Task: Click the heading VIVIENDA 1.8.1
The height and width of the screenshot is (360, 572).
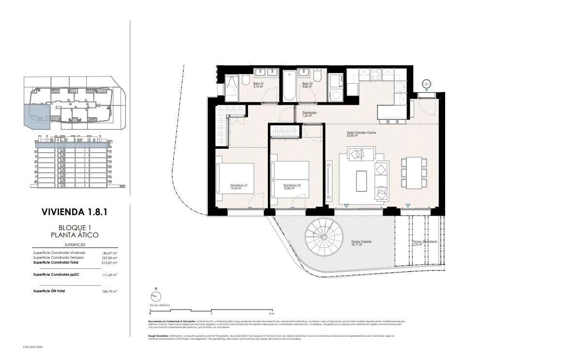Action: coord(75,212)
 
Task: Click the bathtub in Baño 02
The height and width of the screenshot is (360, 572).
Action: coord(289,86)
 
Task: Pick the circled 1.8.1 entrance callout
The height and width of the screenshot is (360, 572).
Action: coord(426,84)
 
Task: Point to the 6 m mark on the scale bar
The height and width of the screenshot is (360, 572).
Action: coord(273,313)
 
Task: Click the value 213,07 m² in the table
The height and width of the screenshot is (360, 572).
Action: coord(110,263)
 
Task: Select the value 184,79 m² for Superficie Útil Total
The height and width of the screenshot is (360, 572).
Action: coord(110,291)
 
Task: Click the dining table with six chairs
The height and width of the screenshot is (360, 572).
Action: coord(414,173)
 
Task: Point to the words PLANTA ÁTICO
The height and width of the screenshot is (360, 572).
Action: coord(75,235)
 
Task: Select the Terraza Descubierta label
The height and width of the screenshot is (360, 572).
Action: coord(425,242)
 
